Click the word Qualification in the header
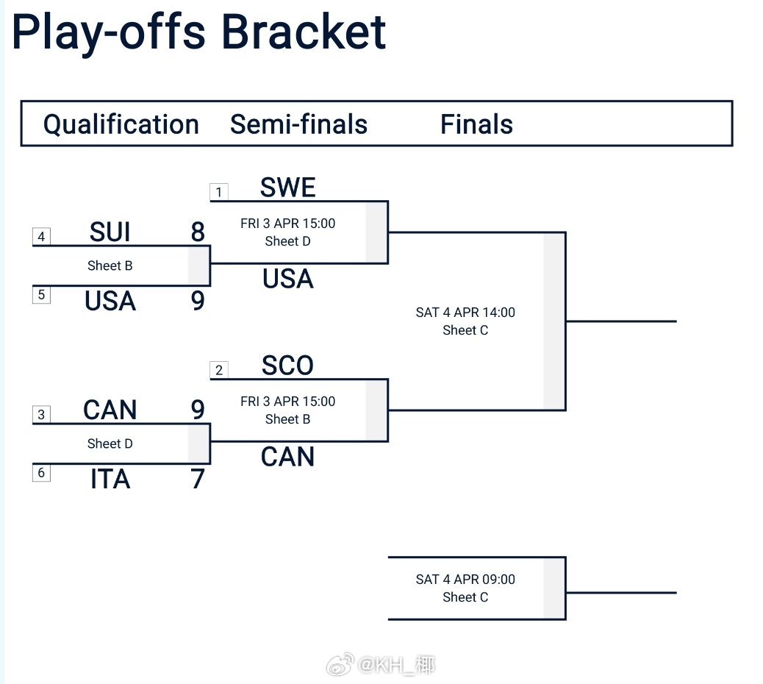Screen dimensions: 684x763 click(x=121, y=124)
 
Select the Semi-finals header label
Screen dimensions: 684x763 click(x=298, y=124)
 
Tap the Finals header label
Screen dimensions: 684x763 click(x=476, y=124)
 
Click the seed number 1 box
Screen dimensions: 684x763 click(x=218, y=193)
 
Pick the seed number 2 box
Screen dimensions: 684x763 click(x=218, y=370)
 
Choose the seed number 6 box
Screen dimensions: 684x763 click(x=41, y=472)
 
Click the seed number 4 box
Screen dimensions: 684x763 click(x=41, y=236)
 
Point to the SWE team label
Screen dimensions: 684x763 click(x=287, y=188)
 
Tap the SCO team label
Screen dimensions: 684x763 click(x=287, y=366)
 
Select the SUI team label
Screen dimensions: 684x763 click(x=110, y=232)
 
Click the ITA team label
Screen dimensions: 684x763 click(x=110, y=480)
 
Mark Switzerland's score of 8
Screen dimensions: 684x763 click(x=197, y=232)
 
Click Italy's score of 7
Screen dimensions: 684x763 click(x=197, y=480)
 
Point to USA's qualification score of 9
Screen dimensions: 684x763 click(x=197, y=302)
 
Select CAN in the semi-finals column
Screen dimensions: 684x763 click(x=287, y=457)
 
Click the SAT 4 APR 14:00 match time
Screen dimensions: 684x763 click(x=465, y=313)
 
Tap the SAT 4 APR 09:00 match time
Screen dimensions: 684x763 click(x=465, y=580)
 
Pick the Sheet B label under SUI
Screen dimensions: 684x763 click(x=110, y=266)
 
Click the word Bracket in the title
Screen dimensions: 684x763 click(x=303, y=31)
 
